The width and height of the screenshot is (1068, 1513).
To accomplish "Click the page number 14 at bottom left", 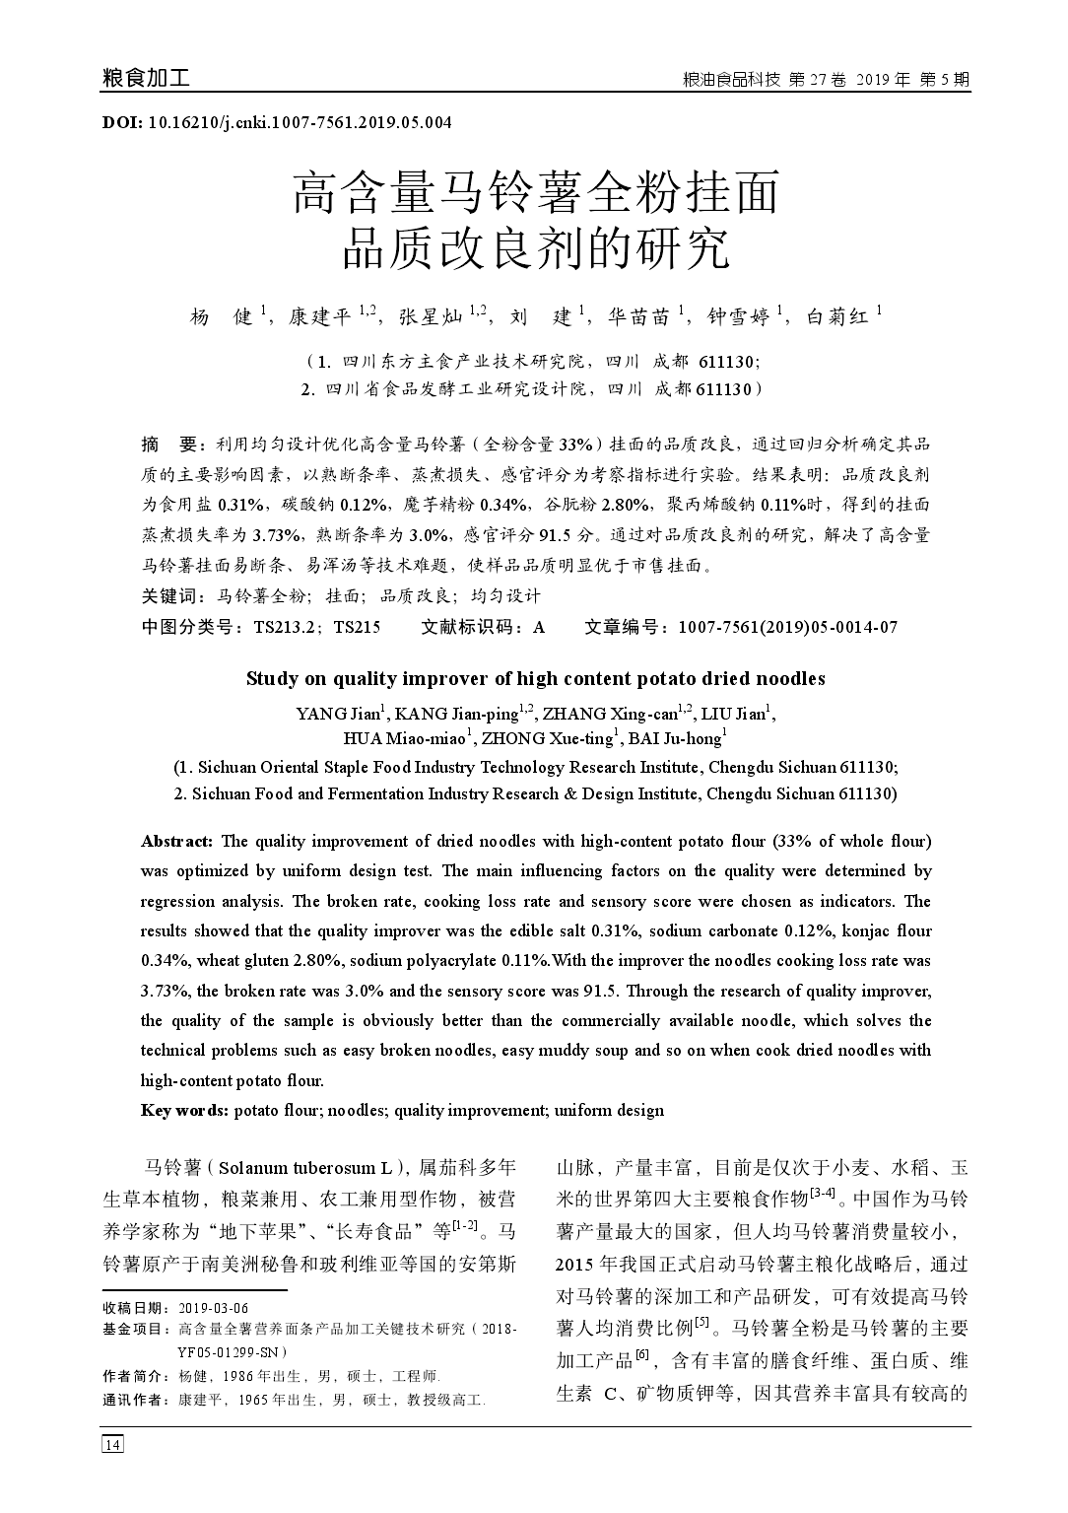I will click(x=112, y=1444).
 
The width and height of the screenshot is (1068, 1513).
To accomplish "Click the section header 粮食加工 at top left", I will click(x=146, y=79).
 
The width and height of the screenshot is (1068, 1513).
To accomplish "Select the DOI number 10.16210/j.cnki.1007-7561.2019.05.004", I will click(x=300, y=123).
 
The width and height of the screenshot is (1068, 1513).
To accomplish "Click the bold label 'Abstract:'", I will click(x=176, y=841).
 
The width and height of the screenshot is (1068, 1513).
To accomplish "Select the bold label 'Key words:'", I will click(x=184, y=1110).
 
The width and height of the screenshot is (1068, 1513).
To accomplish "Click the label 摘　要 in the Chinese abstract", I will click(x=169, y=444).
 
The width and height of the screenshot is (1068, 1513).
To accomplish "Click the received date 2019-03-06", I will click(x=213, y=1307).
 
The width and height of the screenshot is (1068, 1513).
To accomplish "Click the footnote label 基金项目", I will click(x=133, y=1329).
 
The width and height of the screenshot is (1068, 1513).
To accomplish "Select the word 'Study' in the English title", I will click(x=268, y=678).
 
